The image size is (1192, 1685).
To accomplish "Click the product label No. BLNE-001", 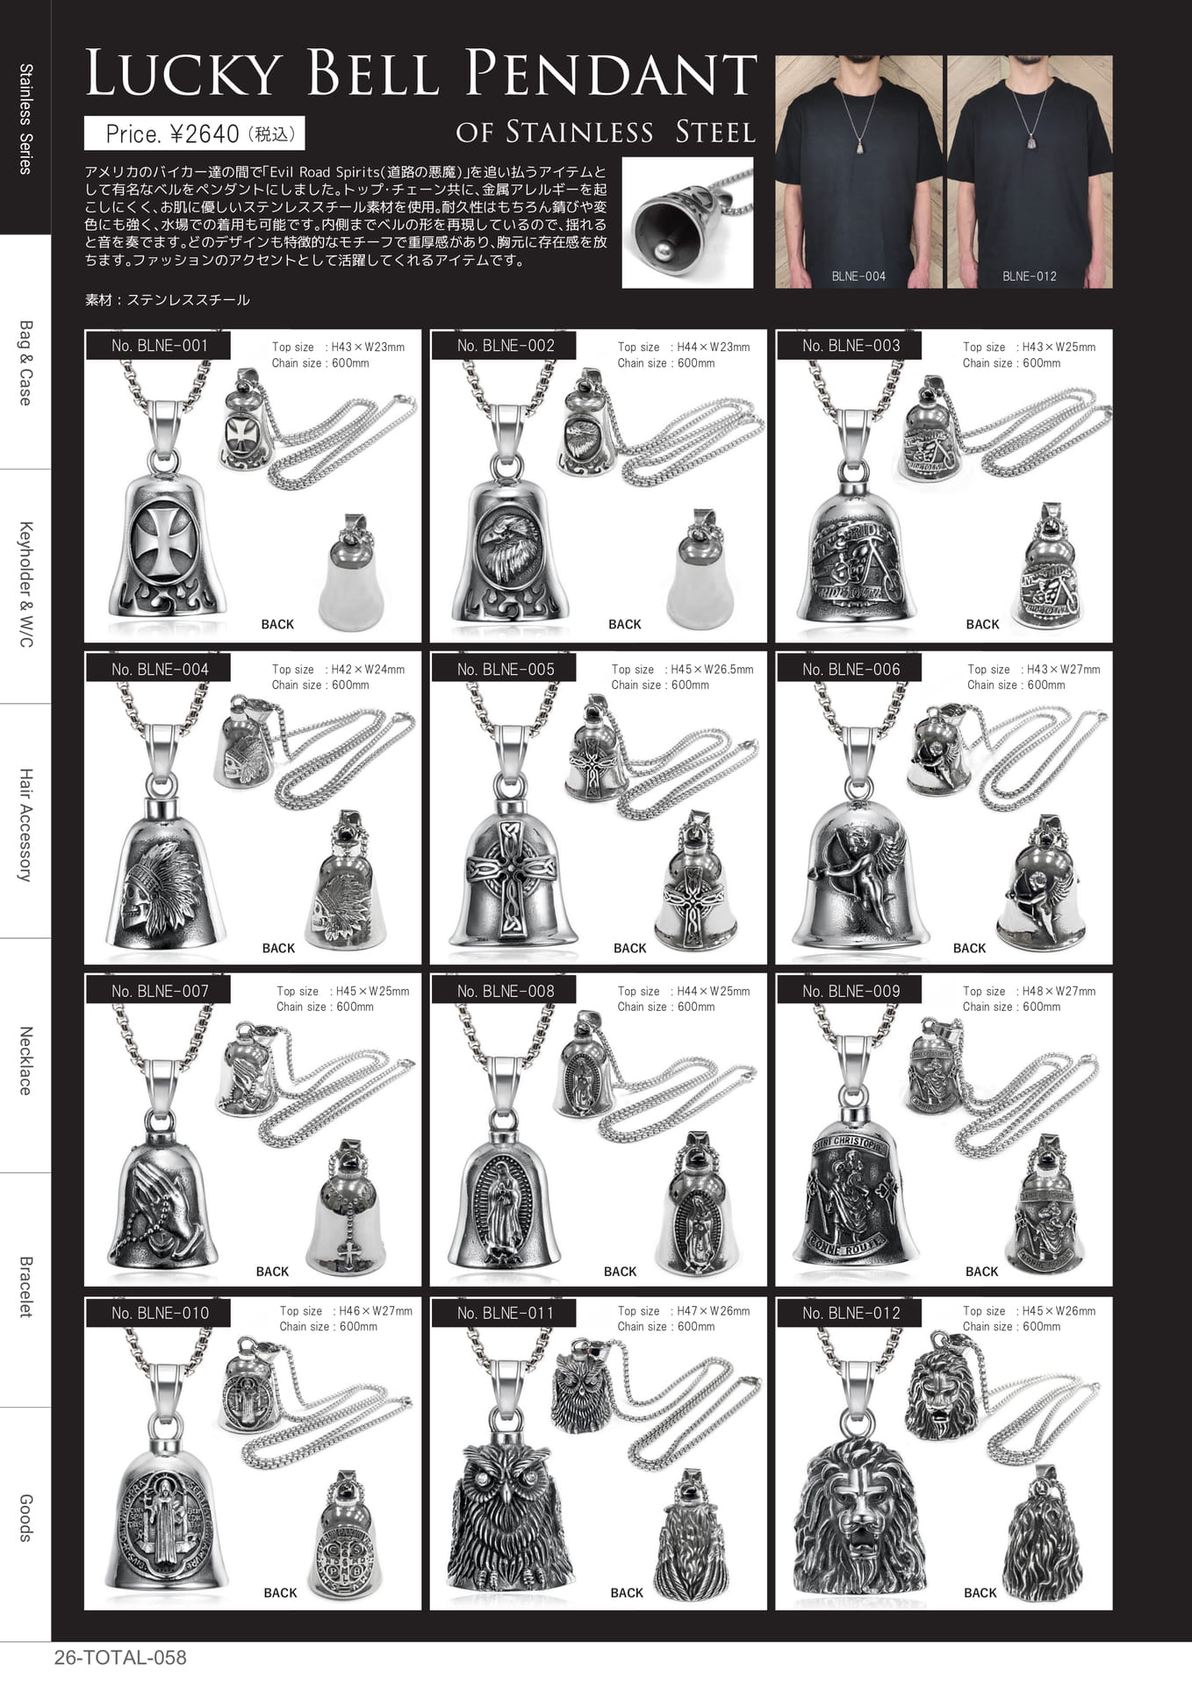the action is coord(159,346).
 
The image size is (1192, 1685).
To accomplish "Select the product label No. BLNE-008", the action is coord(505,991).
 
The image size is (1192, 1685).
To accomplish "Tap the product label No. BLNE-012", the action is coord(851,1313).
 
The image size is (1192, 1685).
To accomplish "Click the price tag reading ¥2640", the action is coord(205,133).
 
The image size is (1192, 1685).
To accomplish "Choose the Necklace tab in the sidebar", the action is coord(25,1060).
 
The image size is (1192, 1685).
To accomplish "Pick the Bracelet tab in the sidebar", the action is coord(25,1287).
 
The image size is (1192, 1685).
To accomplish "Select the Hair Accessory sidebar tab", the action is coord(25,825).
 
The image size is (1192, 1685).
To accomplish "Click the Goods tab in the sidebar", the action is coord(25,1518).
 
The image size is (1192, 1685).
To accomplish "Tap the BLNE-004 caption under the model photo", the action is coord(858,276).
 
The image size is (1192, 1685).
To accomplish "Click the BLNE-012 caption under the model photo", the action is coord(1030,276).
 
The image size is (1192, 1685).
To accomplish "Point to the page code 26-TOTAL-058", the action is coord(120,1658).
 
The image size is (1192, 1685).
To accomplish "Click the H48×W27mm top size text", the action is coord(1059,991).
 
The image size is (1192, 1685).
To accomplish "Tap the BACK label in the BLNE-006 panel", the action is coord(969,948).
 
